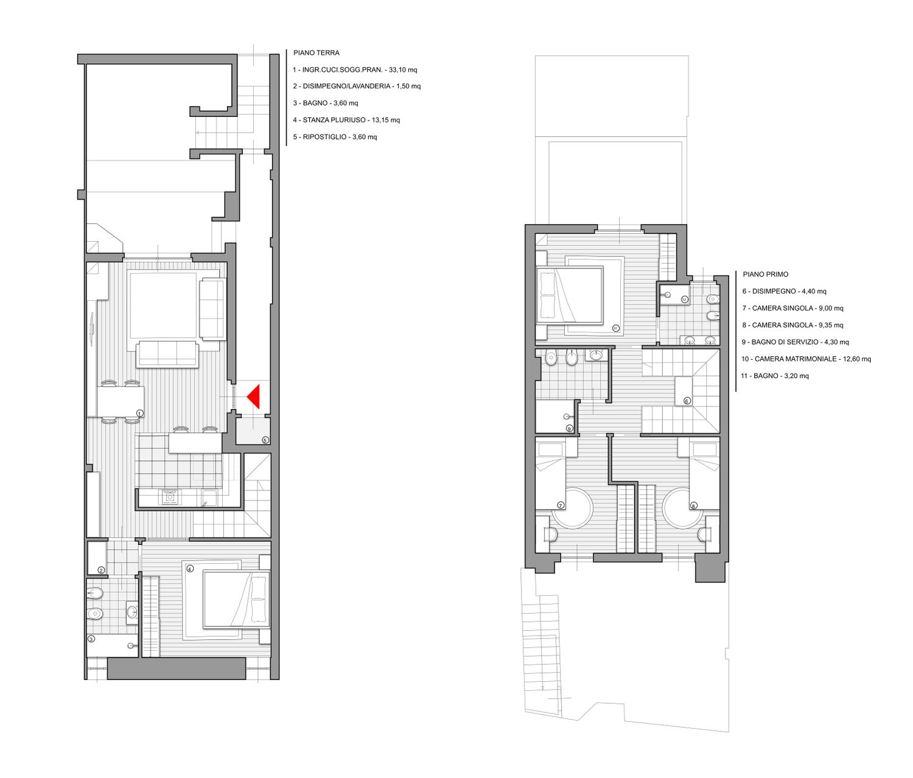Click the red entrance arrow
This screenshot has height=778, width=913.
pos(254,396)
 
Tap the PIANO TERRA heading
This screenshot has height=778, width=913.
pos(317,52)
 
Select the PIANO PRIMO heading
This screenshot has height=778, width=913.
pos(765,275)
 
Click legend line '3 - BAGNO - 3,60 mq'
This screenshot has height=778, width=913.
pos(325,103)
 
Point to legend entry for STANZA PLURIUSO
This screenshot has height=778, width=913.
pos(346,120)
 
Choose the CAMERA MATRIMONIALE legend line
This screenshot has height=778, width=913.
pos(806,359)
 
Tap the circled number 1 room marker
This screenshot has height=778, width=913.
pos(140,413)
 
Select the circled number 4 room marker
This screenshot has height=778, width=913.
pos(190,569)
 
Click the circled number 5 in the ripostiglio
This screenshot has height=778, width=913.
pos(265,440)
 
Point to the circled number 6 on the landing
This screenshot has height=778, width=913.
pos(687,401)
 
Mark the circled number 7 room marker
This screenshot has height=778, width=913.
pos(561,505)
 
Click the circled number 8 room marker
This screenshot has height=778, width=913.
pos(693,506)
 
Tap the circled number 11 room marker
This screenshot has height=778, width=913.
pos(615,328)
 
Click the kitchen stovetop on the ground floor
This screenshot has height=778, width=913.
pos(170,497)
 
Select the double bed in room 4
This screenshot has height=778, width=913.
pos(237,599)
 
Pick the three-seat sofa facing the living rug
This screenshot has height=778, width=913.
pos(167,354)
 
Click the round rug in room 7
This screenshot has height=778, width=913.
pos(572,508)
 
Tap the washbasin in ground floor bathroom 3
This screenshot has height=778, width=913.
pos(131,612)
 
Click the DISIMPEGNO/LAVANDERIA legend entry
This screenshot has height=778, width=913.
pos(357,86)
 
